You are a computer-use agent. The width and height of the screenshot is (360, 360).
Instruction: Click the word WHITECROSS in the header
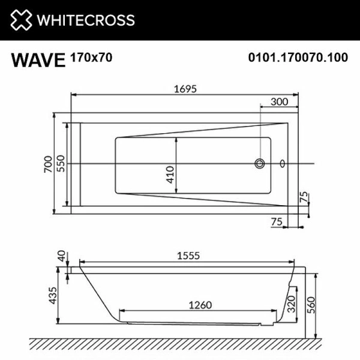(x=86, y=20)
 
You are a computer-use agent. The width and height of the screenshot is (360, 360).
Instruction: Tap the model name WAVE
(x=38, y=60)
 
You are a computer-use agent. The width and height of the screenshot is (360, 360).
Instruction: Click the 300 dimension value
(x=279, y=101)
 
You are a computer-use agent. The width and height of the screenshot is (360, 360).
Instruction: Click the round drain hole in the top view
(x=260, y=163)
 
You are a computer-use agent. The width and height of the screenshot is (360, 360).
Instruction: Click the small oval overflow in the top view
(x=283, y=163)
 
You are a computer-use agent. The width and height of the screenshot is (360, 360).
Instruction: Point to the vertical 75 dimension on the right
(x=304, y=197)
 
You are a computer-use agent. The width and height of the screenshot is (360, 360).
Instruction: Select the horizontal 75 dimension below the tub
(x=277, y=221)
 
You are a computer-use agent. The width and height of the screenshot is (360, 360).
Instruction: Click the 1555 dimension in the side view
(x=187, y=256)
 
